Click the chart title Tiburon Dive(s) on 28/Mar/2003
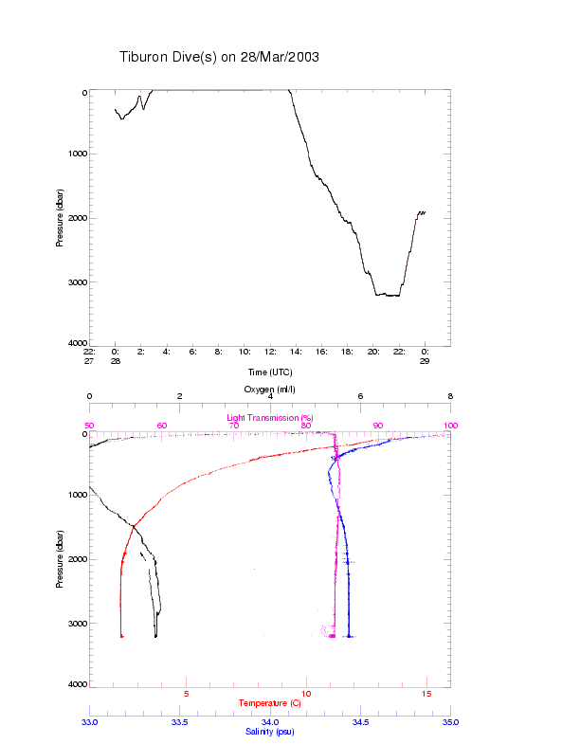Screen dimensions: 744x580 [219, 57]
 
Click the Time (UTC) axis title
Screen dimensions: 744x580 [269, 372]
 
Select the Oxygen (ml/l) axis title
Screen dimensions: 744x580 [269, 390]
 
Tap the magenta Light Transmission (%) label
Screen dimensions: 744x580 [269, 417]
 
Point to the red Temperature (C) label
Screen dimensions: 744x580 [269, 703]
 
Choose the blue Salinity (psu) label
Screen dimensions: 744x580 [269, 731]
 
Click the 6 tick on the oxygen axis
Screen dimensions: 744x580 [360, 397]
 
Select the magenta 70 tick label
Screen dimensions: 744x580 [233, 426]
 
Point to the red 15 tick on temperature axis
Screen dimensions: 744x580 [426, 695]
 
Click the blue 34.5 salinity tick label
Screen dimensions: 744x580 [360, 722]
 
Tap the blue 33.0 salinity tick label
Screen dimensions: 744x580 [90, 722]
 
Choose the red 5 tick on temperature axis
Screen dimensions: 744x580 [186, 695]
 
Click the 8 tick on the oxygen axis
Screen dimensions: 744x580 [450, 397]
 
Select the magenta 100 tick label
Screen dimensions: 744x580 [449, 426]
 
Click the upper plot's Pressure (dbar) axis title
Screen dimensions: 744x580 [59, 217]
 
